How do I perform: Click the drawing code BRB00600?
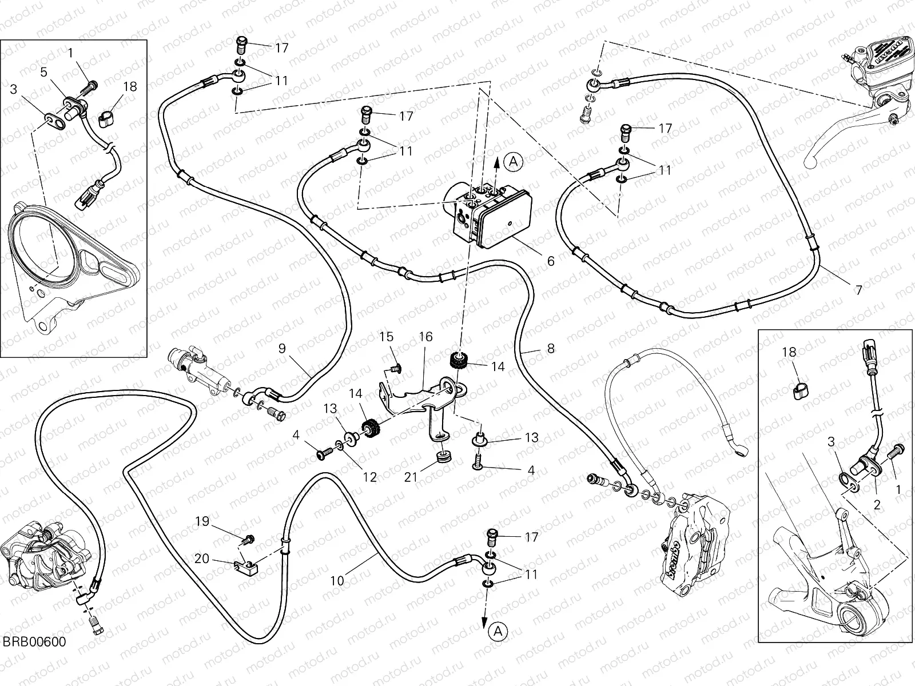(x=33, y=642)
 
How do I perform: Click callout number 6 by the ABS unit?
(x=551, y=261)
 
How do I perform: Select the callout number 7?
(x=858, y=290)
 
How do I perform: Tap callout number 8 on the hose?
(x=551, y=348)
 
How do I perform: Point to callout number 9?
(x=282, y=348)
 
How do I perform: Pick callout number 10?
(x=337, y=581)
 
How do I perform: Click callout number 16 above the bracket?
(x=425, y=337)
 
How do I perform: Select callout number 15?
(x=387, y=337)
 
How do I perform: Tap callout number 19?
(x=202, y=521)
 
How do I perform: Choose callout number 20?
(x=202, y=559)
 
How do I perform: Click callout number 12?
(x=370, y=477)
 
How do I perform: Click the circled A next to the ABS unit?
(x=513, y=162)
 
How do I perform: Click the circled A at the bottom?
(x=498, y=631)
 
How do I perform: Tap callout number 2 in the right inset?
(x=877, y=505)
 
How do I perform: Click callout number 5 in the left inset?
(x=43, y=72)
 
